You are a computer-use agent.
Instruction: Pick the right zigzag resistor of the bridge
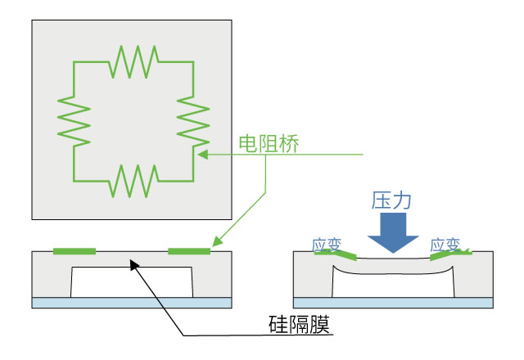tap(194, 120)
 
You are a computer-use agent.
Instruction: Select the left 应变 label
tap(327, 244)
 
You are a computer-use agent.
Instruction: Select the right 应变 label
tap(445, 244)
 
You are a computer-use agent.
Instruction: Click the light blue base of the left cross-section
tap(131, 303)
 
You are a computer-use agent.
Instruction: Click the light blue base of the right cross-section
tap(393, 303)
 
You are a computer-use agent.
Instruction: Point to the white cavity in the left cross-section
tap(131, 282)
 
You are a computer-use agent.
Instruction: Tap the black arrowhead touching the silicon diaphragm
tap(132, 262)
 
